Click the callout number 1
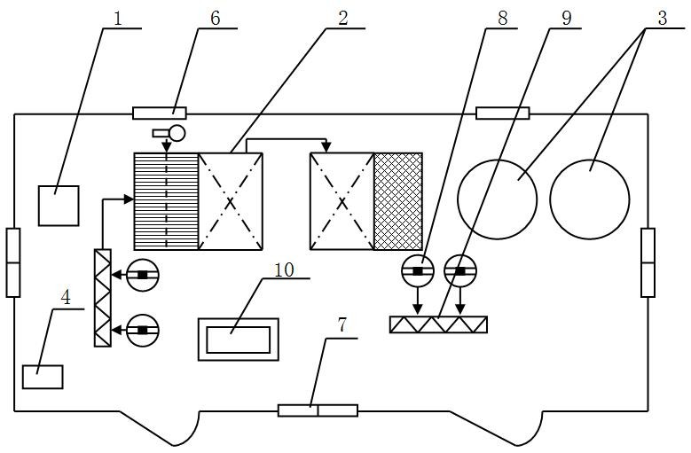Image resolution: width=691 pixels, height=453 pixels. (117, 19)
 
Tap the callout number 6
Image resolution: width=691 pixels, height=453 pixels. (215, 19)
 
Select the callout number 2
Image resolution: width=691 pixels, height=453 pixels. (342, 19)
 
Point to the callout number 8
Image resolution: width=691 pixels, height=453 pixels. (502, 19)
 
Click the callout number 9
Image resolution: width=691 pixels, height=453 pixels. (566, 19)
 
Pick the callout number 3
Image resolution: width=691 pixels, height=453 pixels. (663, 19)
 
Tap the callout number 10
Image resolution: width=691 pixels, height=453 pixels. (284, 269)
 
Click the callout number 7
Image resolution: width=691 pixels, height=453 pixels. (342, 325)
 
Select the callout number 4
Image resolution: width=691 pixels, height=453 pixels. (66, 298)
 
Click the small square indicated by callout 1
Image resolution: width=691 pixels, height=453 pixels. (59, 206)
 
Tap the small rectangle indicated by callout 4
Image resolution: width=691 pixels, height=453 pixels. (43, 377)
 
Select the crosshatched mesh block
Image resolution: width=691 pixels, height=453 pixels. (398, 201)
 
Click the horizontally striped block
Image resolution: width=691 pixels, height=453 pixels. (166, 201)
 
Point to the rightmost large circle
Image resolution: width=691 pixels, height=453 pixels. (590, 160)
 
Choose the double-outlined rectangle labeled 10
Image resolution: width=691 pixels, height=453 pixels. (239, 319)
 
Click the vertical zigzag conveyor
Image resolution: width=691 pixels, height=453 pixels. (103, 298)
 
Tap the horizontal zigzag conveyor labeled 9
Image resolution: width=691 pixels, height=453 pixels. (438, 324)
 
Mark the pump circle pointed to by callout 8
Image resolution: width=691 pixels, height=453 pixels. (418, 271)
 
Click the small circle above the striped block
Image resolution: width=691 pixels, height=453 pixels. (177, 132)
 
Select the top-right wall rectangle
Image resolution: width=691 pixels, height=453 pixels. (503, 113)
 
